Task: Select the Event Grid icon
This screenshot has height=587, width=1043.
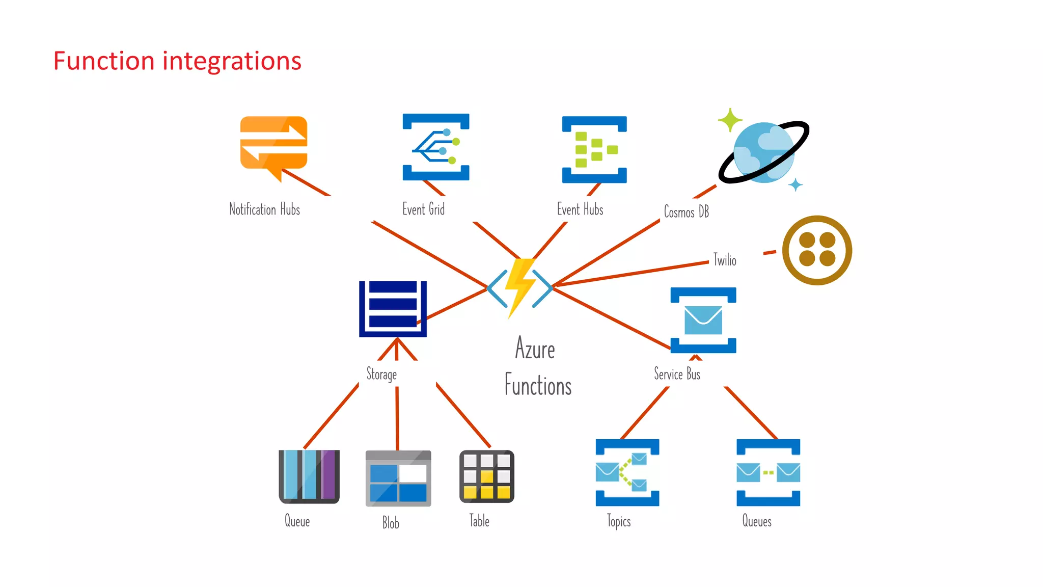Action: pyautogui.click(x=436, y=147)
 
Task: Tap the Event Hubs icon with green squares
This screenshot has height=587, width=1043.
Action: pyautogui.click(x=594, y=149)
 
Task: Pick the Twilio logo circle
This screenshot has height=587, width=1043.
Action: pyautogui.click(x=817, y=250)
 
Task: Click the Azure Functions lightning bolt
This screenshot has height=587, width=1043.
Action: pyautogui.click(x=520, y=287)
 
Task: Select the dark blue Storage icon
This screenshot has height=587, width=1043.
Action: pyautogui.click(x=393, y=309)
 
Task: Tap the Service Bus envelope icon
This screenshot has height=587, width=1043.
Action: pyautogui.click(x=703, y=320)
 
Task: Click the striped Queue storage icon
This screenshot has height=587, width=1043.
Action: pyautogui.click(x=309, y=476)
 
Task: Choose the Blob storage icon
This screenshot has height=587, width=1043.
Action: pyautogui.click(x=398, y=478)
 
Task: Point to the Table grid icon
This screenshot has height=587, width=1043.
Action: pyautogui.click(x=487, y=476)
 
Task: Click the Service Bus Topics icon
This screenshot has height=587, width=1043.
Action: pyautogui.click(x=627, y=472)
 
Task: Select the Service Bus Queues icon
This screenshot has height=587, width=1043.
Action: pyautogui.click(x=768, y=472)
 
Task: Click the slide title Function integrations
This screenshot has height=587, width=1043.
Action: pyautogui.click(x=177, y=61)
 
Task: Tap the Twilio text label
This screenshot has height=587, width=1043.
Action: pyautogui.click(x=724, y=260)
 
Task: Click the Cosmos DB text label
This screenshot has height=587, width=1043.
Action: pyautogui.click(x=686, y=211)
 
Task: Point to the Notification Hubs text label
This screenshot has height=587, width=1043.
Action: pyautogui.click(x=264, y=209)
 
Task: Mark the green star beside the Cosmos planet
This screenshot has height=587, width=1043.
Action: pyautogui.click(x=730, y=120)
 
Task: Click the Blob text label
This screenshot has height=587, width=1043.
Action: pyautogui.click(x=391, y=523)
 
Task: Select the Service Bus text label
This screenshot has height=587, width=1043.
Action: pyautogui.click(x=677, y=374)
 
